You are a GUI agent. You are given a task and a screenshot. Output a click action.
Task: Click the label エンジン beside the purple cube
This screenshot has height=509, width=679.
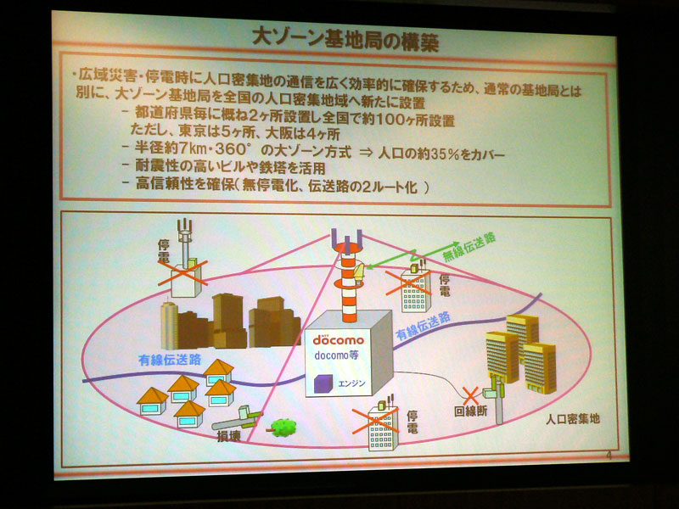tap(351, 383)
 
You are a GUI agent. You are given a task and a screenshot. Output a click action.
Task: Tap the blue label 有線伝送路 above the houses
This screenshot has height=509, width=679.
tap(170, 360)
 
